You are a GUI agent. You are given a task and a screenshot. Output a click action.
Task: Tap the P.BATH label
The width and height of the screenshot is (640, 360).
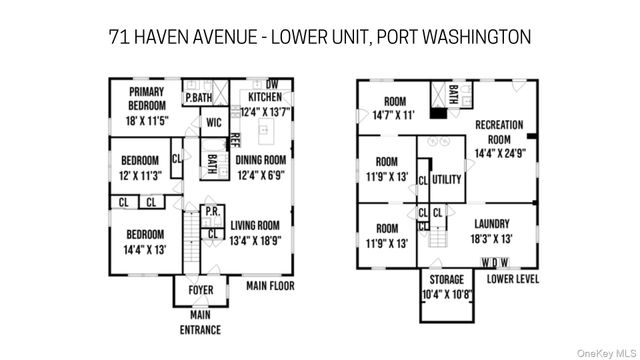coord(198,97)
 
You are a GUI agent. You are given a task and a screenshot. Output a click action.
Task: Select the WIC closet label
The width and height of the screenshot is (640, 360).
coord(213,123)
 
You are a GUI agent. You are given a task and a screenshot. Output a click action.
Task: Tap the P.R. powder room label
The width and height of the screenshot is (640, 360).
coord(212,212)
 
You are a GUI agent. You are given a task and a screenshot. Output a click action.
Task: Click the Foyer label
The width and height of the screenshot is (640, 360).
coord(201,291)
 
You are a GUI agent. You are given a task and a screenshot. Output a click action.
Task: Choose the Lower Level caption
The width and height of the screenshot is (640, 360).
coord(514,279)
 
